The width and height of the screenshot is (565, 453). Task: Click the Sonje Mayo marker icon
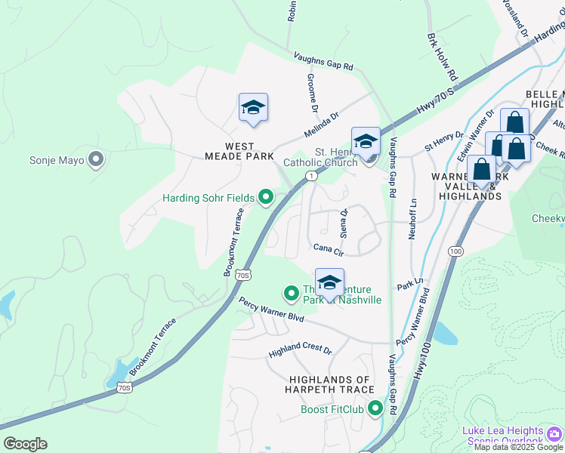pyautogui.click(x=96, y=159)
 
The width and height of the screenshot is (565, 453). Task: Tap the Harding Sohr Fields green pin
pyautogui.click(x=266, y=199)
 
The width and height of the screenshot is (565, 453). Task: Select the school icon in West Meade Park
pyautogui.click(x=253, y=109)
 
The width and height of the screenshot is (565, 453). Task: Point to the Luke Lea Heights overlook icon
pyautogui.click(x=555, y=433)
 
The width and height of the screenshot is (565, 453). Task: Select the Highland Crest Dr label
pyautogui.click(x=301, y=350)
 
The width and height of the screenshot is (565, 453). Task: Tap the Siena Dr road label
pyautogui.click(x=344, y=222)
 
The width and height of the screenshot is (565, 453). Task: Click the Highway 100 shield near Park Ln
pyautogui.click(x=455, y=250)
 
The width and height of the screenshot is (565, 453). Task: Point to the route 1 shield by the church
pyautogui.click(x=311, y=175)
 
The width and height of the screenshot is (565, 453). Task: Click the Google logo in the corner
pyautogui.click(x=25, y=444)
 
